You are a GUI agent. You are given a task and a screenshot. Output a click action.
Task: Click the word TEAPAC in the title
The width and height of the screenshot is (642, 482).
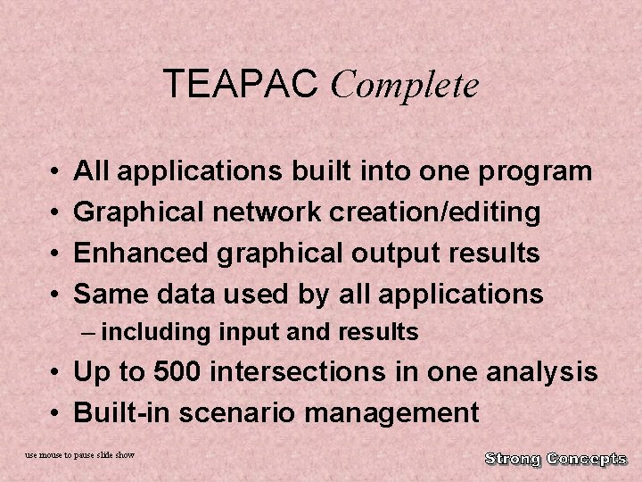click(x=242, y=85)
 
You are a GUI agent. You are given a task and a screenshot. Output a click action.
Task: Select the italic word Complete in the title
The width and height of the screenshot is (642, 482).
click(x=405, y=87)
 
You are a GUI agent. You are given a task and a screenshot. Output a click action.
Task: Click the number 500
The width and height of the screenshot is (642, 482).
click(x=180, y=371)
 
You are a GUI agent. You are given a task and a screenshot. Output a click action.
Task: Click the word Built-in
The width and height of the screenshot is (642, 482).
click(x=120, y=412)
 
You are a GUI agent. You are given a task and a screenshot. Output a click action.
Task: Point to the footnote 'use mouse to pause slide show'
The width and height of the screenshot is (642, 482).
click(x=80, y=455)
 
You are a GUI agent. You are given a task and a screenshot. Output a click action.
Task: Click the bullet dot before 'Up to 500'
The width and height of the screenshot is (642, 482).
click(x=55, y=372)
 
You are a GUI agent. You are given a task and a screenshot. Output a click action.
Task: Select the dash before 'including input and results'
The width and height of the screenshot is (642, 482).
click(x=86, y=333)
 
